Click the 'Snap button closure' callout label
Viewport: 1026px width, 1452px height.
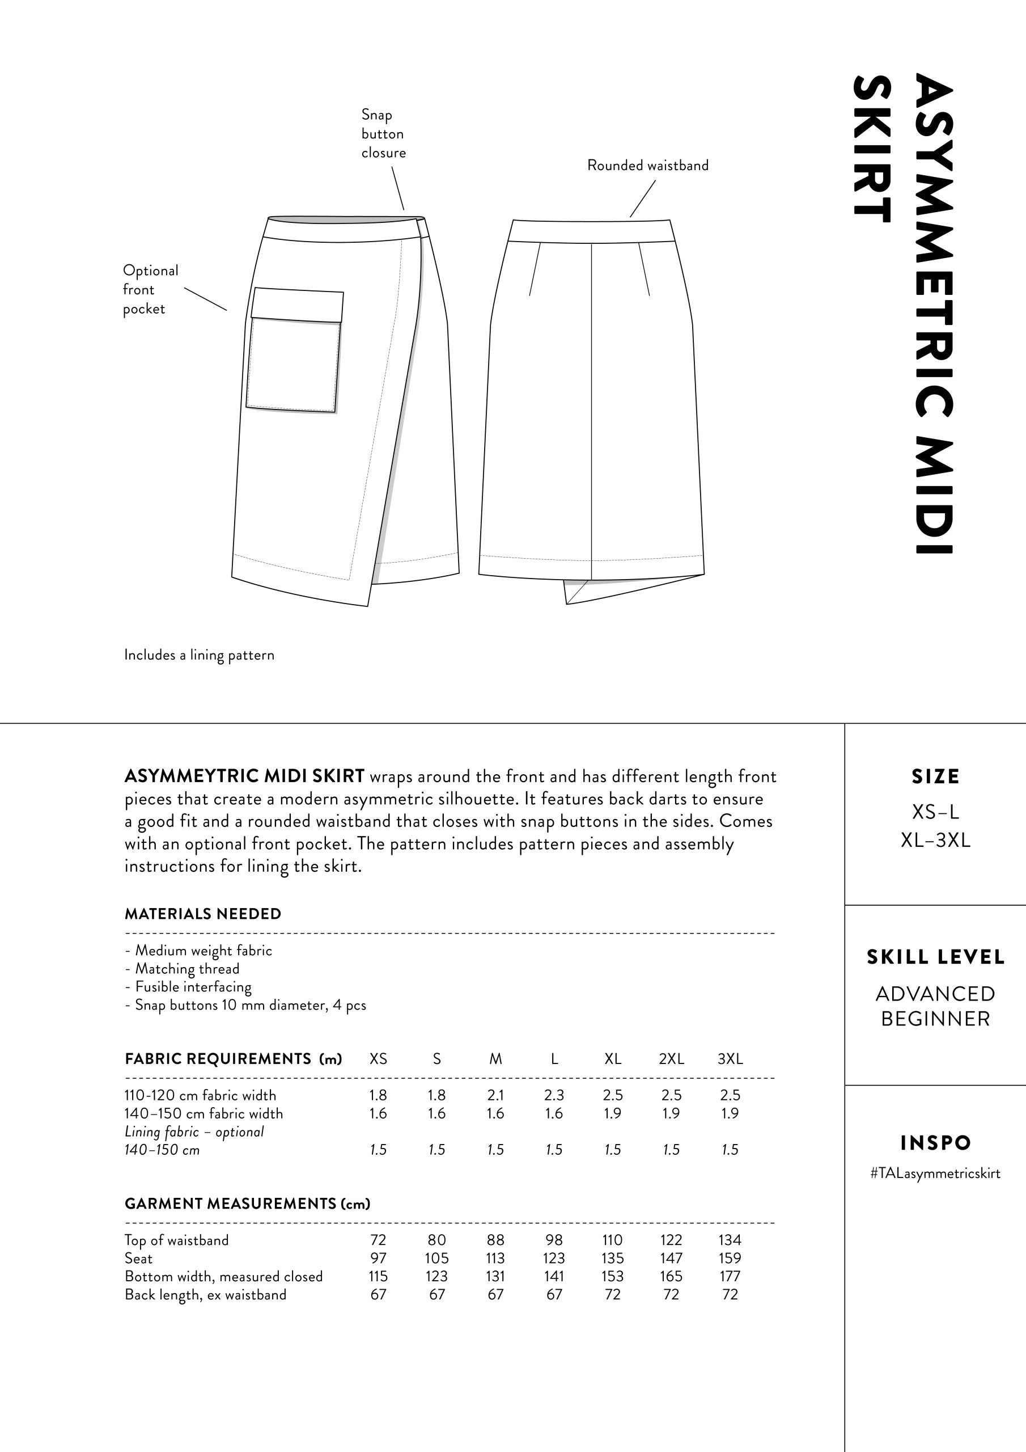(383, 133)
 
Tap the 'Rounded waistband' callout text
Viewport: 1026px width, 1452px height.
(647, 166)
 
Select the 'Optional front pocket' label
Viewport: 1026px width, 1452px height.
(150, 290)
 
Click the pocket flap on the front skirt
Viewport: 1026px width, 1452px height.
(297, 306)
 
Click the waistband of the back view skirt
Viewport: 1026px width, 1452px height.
(591, 231)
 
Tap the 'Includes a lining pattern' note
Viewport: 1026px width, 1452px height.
(199, 655)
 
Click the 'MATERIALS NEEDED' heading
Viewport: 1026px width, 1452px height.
(203, 914)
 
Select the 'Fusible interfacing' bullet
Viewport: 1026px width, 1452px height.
(193, 986)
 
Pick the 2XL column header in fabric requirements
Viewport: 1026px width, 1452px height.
(671, 1058)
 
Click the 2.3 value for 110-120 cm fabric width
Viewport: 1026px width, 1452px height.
(554, 1095)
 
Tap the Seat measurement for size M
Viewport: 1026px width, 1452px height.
(495, 1259)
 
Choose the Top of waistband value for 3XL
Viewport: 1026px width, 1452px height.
(730, 1240)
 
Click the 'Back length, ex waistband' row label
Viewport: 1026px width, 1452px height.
(205, 1294)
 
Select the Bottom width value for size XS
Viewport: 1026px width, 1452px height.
(378, 1276)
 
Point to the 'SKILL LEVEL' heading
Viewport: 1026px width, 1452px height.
(936, 957)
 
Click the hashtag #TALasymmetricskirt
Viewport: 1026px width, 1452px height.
(935, 1174)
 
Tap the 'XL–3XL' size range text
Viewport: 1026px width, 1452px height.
(936, 841)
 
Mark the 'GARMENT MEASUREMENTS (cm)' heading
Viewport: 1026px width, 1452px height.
(247, 1204)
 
